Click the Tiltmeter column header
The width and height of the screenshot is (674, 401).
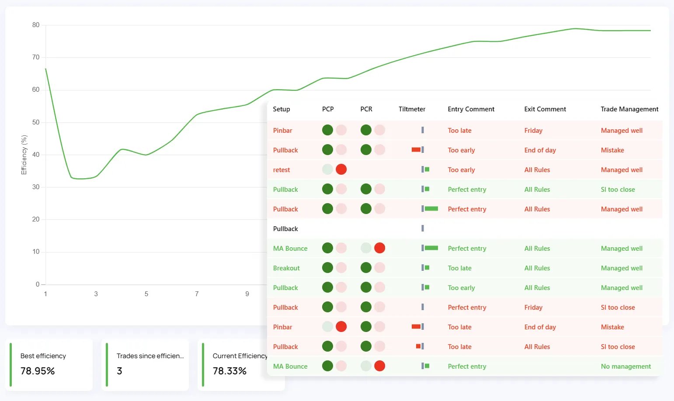(x=412, y=109)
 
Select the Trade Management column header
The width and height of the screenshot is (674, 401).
(x=629, y=109)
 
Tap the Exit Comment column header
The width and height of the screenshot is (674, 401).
(x=545, y=109)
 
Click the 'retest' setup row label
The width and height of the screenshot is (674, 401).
(x=281, y=170)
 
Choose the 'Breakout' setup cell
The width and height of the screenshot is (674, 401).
(x=286, y=268)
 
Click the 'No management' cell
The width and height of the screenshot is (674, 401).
(x=625, y=366)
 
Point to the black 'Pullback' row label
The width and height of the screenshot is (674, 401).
(x=285, y=229)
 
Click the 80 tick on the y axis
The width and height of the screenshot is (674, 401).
(x=36, y=25)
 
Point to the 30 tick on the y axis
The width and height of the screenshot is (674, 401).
(x=36, y=187)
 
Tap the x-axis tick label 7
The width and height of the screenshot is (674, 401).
(x=197, y=294)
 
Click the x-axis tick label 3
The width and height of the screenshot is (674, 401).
(x=96, y=294)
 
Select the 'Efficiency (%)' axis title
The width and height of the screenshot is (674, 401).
(x=24, y=155)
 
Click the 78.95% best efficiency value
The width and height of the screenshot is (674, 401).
(x=38, y=371)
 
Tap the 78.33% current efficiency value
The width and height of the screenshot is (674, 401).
(x=229, y=371)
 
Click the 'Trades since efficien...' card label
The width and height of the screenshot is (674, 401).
(x=150, y=356)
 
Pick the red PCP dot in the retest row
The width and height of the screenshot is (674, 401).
(x=341, y=169)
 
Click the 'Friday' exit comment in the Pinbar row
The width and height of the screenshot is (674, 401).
(x=533, y=131)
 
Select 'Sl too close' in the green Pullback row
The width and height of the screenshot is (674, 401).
(x=618, y=190)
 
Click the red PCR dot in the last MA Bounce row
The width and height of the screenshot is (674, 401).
(x=379, y=366)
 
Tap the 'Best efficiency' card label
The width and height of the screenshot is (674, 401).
(x=43, y=356)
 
